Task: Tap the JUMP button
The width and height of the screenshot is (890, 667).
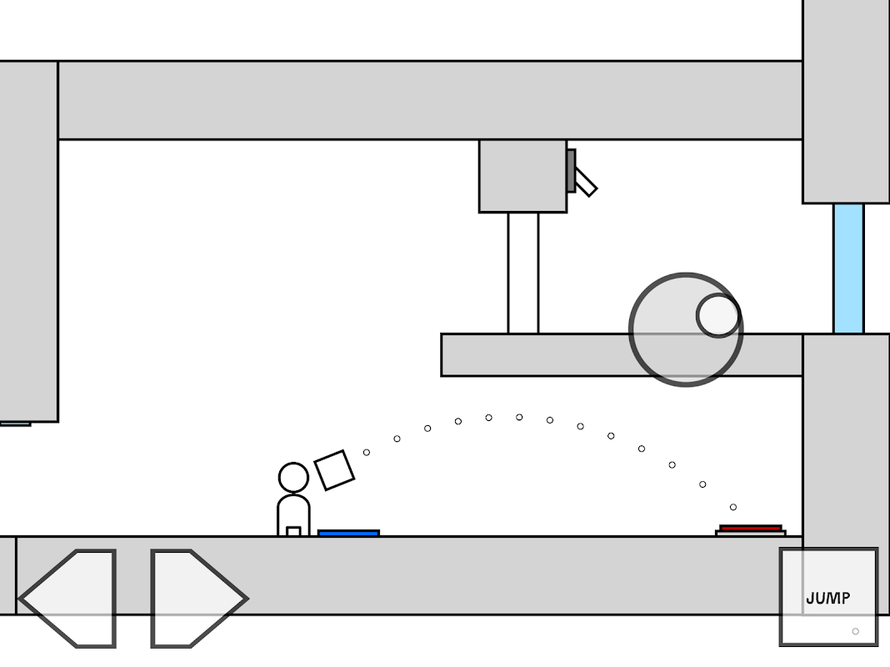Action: [828, 597]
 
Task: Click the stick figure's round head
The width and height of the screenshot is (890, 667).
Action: [293, 478]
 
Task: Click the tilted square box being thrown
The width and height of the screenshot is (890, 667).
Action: [334, 470]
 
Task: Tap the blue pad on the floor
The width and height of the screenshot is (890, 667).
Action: [348, 533]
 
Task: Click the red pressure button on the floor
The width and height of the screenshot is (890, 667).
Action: [751, 528]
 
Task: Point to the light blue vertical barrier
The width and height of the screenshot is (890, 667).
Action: [848, 268]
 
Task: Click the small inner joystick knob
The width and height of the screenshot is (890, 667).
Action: [717, 315]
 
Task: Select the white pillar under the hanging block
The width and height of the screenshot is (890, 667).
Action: [523, 273]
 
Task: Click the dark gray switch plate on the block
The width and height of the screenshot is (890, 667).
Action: [571, 170]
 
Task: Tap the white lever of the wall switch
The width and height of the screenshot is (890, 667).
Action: [586, 183]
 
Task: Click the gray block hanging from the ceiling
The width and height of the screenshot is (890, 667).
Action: [522, 176]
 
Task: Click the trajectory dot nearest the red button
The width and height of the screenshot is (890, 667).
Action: [733, 507]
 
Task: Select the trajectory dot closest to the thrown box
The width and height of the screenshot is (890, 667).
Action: [367, 452]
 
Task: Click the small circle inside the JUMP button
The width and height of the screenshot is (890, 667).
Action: [855, 631]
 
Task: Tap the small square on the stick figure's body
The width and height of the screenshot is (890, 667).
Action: [293, 531]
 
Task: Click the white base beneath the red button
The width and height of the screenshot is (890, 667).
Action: [751, 534]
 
